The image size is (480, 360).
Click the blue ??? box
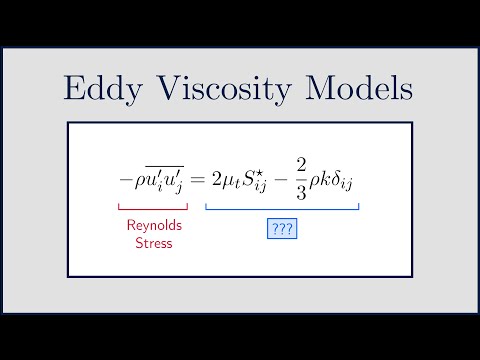tap(282, 229)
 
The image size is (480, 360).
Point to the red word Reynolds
tap(154, 225)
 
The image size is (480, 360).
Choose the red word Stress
tap(154, 242)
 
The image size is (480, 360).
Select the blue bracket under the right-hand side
tap(282, 207)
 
